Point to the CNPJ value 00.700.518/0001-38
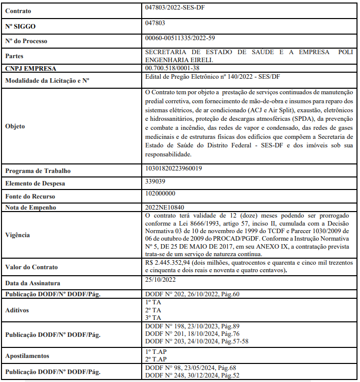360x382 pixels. [x=172, y=68]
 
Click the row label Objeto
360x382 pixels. [x=15, y=126]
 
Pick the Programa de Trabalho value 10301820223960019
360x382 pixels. [x=173, y=168]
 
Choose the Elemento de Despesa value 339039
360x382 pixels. [x=155, y=181]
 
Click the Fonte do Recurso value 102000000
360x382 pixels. [x=160, y=194]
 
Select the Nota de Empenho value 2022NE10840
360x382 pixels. [x=164, y=206]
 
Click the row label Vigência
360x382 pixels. [x=18, y=235]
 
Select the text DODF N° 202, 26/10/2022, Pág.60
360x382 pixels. [x=192, y=294]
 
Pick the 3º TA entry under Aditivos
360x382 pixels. [x=153, y=317]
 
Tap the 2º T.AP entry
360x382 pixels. [x=155, y=359]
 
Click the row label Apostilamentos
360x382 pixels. [x=28, y=355]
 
